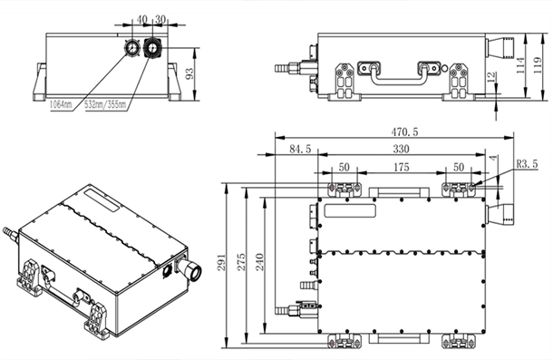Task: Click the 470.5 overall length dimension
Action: click(x=404, y=131)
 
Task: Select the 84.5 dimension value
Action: click(x=300, y=149)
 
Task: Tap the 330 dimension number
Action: click(x=401, y=149)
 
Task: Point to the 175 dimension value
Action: click(x=401, y=167)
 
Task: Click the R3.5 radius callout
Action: click(x=527, y=164)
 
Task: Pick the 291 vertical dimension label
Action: click(x=221, y=262)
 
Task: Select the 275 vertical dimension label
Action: click(x=241, y=262)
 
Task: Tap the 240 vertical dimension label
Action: click(x=260, y=262)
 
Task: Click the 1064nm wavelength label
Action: click(x=61, y=104)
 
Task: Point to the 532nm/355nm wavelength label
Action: click(x=105, y=104)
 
